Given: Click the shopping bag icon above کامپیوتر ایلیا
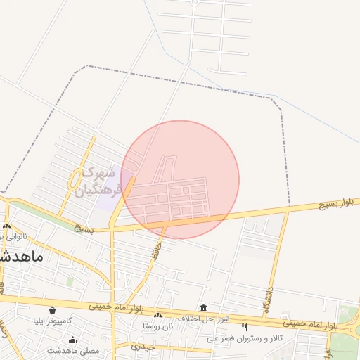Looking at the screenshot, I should tap(52, 310).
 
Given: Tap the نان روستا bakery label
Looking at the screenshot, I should tap(157, 327).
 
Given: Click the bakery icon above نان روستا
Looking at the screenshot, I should tap(157, 316).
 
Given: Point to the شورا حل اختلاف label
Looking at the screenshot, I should tap(204, 319).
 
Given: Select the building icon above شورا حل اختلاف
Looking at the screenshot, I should tap(204, 308).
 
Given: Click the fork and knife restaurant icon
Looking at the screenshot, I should tap(245, 327).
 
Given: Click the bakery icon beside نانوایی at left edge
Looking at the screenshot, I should tap(6, 226).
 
